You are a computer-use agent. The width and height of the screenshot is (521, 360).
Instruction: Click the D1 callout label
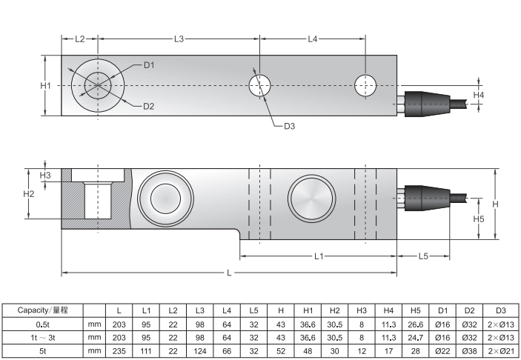pos(149,65)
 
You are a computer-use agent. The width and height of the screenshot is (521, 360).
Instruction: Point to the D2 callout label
pos(149,107)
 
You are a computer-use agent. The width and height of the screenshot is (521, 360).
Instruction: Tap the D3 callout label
pos(289,127)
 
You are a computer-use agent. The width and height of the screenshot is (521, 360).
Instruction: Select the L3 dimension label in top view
pos(179,38)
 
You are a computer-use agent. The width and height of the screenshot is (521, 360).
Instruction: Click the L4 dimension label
pos(312,38)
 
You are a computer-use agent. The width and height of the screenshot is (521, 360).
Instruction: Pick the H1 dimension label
pos(45,86)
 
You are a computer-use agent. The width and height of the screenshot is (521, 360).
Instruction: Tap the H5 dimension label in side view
pos(478,219)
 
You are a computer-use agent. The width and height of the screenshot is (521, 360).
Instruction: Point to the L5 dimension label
pos(423,256)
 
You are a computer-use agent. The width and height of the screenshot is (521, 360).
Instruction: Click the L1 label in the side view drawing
pos(319,256)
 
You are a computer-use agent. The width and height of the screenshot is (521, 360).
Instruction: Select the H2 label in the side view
pos(30,194)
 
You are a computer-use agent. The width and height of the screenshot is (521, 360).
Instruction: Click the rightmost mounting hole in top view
pos(364,85)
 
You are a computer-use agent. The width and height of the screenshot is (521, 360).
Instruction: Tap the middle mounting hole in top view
pos(259,85)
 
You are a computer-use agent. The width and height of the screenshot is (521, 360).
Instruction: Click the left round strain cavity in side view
pos(165,198)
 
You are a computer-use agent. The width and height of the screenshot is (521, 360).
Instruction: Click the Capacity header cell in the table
pos(42,310)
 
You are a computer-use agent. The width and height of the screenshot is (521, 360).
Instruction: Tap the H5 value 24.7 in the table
pos(415,336)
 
